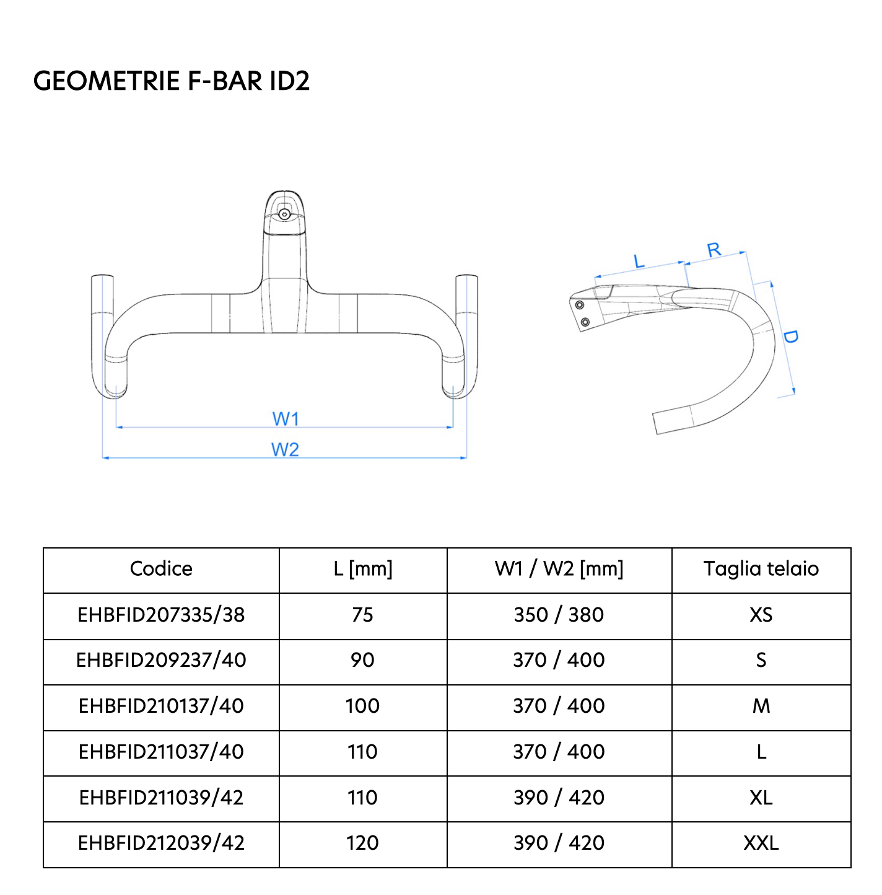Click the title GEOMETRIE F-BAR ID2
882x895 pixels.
pyautogui.click(x=172, y=81)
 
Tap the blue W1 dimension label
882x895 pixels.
pyautogui.click(x=286, y=418)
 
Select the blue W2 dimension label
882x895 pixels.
pyautogui.click(x=285, y=449)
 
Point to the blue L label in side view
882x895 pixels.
pyautogui.click(x=639, y=261)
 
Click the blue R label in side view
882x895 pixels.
pyautogui.click(x=714, y=250)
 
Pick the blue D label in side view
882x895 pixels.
pyautogui.click(x=790, y=337)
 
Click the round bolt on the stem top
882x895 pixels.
pyautogui.click(x=284, y=214)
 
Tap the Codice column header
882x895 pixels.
pyautogui.click(x=161, y=568)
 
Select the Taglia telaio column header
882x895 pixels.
pyautogui.click(x=761, y=568)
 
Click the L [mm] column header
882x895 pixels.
pyautogui.click(x=362, y=568)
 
